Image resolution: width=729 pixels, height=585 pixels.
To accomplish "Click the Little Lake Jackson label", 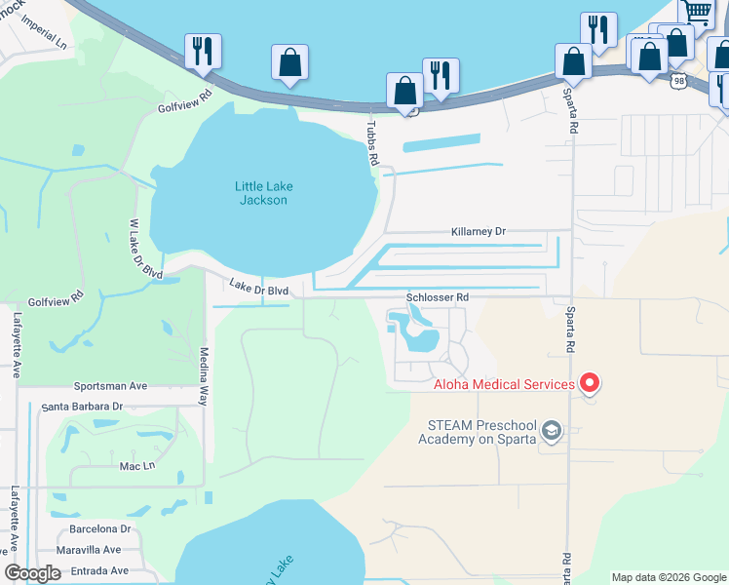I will [x=263, y=193].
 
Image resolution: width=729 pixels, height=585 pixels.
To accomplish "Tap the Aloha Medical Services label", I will [x=504, y=384].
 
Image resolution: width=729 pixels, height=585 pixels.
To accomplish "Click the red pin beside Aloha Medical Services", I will [x=589, y=384].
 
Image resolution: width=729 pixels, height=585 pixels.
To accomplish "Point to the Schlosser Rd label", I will [x=438, y=296].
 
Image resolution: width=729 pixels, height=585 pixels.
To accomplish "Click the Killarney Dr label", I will [x=479, y=232].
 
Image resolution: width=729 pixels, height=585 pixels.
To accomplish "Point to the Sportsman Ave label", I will [x=111, y=386].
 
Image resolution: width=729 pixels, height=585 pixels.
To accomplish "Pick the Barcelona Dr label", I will [x=99, y=529].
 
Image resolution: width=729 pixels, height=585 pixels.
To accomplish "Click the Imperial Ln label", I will [x=47, y=45].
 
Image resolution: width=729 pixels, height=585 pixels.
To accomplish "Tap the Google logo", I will [x=33, y=572].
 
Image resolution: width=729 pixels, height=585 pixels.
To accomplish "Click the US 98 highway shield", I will [x=678, y=82].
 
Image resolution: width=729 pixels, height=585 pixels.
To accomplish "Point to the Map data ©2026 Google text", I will [x=669, y=577].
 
